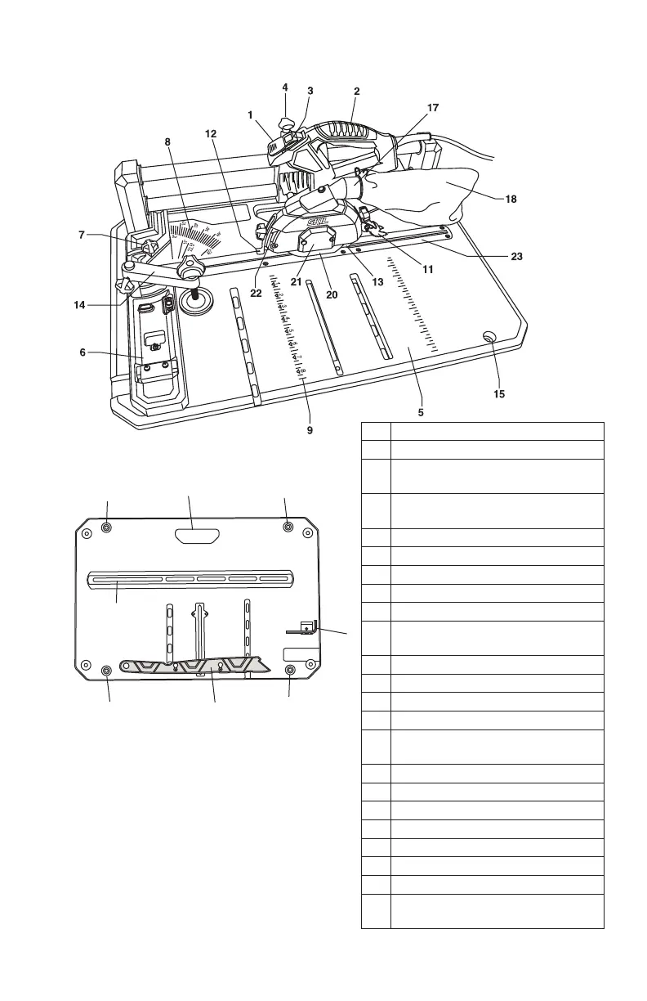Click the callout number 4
(285, 87)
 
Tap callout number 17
(433, 108)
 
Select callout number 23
(515, 256)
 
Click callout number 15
(499, 393)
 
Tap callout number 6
(83, 352)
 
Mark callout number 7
(83, 235)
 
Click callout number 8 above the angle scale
(167, 141)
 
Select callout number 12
(211, 133)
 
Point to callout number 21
(297, 282)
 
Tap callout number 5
(421, 412)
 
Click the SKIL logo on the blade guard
(316, 222)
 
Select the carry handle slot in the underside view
(198, 536)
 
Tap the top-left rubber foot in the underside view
(106, 527)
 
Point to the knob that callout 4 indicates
(287, 123)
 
